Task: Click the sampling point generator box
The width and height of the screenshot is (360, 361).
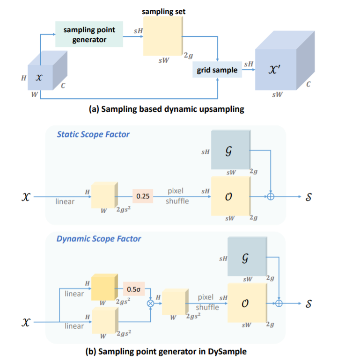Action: (x=89, y=34)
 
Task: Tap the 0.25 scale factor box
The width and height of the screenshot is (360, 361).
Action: (x=142, y=196)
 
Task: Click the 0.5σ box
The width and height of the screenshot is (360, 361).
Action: (x=134, y=289)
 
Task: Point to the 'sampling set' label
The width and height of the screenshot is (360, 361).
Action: (x=163, y=11)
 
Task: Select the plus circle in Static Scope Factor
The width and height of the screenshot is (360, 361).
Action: (x=270, y=197)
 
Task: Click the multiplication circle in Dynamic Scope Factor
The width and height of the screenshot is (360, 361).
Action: (x=151, y=303)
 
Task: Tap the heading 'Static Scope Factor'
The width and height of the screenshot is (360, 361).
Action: (x=93, y=134)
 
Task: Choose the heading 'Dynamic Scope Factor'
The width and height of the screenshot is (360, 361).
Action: (x=99, y=238)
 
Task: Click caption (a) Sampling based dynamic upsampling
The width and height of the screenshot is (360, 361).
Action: (x=166, y=109)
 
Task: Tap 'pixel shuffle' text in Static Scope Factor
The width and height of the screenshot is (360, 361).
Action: (x=177, y=196)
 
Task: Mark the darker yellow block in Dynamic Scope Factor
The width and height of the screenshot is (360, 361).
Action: (x=103, y=286)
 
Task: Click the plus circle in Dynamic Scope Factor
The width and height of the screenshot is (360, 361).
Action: (x=279, y=303)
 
